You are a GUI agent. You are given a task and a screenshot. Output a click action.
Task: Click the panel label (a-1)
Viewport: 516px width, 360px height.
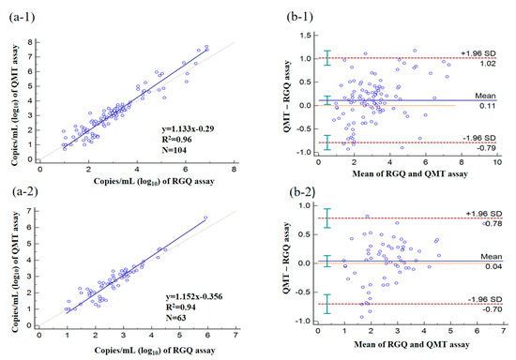[x=22, y=17]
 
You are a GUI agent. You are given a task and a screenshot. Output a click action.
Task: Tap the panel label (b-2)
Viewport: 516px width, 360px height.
[x=302, y=192]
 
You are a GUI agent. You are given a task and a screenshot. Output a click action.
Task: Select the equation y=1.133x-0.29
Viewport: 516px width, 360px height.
[x=188, y=128]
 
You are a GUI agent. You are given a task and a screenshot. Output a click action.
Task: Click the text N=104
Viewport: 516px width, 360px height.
[x=175, y=150]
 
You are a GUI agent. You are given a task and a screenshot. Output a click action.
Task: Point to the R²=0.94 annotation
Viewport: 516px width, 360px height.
[x=181, y=307]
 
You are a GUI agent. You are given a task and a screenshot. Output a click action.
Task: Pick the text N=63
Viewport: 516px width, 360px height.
[x=176, y=318]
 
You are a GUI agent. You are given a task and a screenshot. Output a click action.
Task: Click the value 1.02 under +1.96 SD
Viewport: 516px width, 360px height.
[x=488, y=64]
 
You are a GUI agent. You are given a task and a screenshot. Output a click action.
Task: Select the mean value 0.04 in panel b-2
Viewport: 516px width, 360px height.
[x=493, y=266]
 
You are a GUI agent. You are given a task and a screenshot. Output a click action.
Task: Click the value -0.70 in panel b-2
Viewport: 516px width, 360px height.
[x=493, y=309]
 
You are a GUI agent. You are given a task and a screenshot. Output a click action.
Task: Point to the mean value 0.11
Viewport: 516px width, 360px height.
[x=488, y=106]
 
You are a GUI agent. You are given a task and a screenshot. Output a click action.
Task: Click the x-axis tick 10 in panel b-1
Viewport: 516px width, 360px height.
[x=497, y=162]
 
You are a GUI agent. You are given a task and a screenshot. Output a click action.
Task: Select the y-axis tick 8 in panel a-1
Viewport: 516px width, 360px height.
[x=30, y=42]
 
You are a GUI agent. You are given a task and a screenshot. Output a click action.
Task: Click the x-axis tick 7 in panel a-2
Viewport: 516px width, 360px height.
[x=235, y=336]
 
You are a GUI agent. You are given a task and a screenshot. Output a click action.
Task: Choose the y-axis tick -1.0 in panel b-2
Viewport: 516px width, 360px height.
[x=302, y=321]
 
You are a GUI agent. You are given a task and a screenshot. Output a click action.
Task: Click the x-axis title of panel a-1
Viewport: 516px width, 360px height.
[x=154, y=182]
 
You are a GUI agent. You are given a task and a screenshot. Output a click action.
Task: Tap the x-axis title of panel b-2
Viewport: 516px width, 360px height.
[x=411, y=345]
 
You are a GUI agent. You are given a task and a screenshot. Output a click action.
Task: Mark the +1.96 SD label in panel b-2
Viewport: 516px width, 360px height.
[x=484, y=214]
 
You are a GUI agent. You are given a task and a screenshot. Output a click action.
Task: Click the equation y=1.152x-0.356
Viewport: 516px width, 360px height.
[x=194, y=296]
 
